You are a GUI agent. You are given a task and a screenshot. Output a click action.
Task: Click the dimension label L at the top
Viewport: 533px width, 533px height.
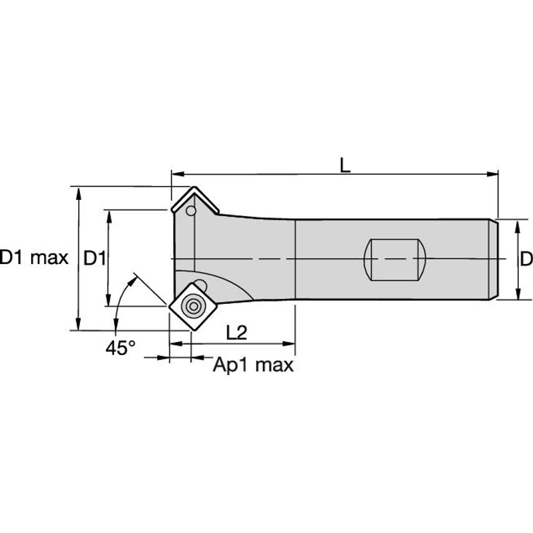point(345,165)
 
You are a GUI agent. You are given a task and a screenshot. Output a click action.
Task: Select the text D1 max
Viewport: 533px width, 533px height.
point(34,258)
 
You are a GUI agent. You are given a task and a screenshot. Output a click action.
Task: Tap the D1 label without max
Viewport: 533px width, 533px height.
point(95,258)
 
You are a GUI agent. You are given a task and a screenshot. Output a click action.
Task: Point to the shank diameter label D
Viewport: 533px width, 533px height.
point(526,258)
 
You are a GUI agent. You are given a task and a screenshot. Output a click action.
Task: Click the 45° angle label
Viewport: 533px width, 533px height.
point(120,348)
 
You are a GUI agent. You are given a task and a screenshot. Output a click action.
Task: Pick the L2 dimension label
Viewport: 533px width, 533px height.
point(237,333)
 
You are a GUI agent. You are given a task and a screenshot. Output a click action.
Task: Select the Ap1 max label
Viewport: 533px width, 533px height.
point(253,364)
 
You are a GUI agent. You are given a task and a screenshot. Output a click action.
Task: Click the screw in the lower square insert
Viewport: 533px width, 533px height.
point(192,306)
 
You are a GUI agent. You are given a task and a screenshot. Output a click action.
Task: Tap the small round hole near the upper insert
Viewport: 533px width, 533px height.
point(191,211)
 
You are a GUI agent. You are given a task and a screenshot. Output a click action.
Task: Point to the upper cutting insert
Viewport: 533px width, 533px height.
point(194,201)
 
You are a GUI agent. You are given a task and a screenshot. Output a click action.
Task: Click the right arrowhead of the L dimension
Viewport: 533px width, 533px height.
point(494,174)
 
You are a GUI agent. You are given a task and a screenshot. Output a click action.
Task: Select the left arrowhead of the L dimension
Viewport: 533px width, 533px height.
point(177,174)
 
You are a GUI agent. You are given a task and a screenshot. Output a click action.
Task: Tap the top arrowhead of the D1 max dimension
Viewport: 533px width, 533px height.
point(78,191)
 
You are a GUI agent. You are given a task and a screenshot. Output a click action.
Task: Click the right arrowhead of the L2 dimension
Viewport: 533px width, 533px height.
point(290,343)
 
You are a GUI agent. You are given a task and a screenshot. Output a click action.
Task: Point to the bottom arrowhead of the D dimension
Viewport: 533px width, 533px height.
point(517,295)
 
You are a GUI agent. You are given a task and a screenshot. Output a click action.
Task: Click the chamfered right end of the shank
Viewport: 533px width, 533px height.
point(493,259)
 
